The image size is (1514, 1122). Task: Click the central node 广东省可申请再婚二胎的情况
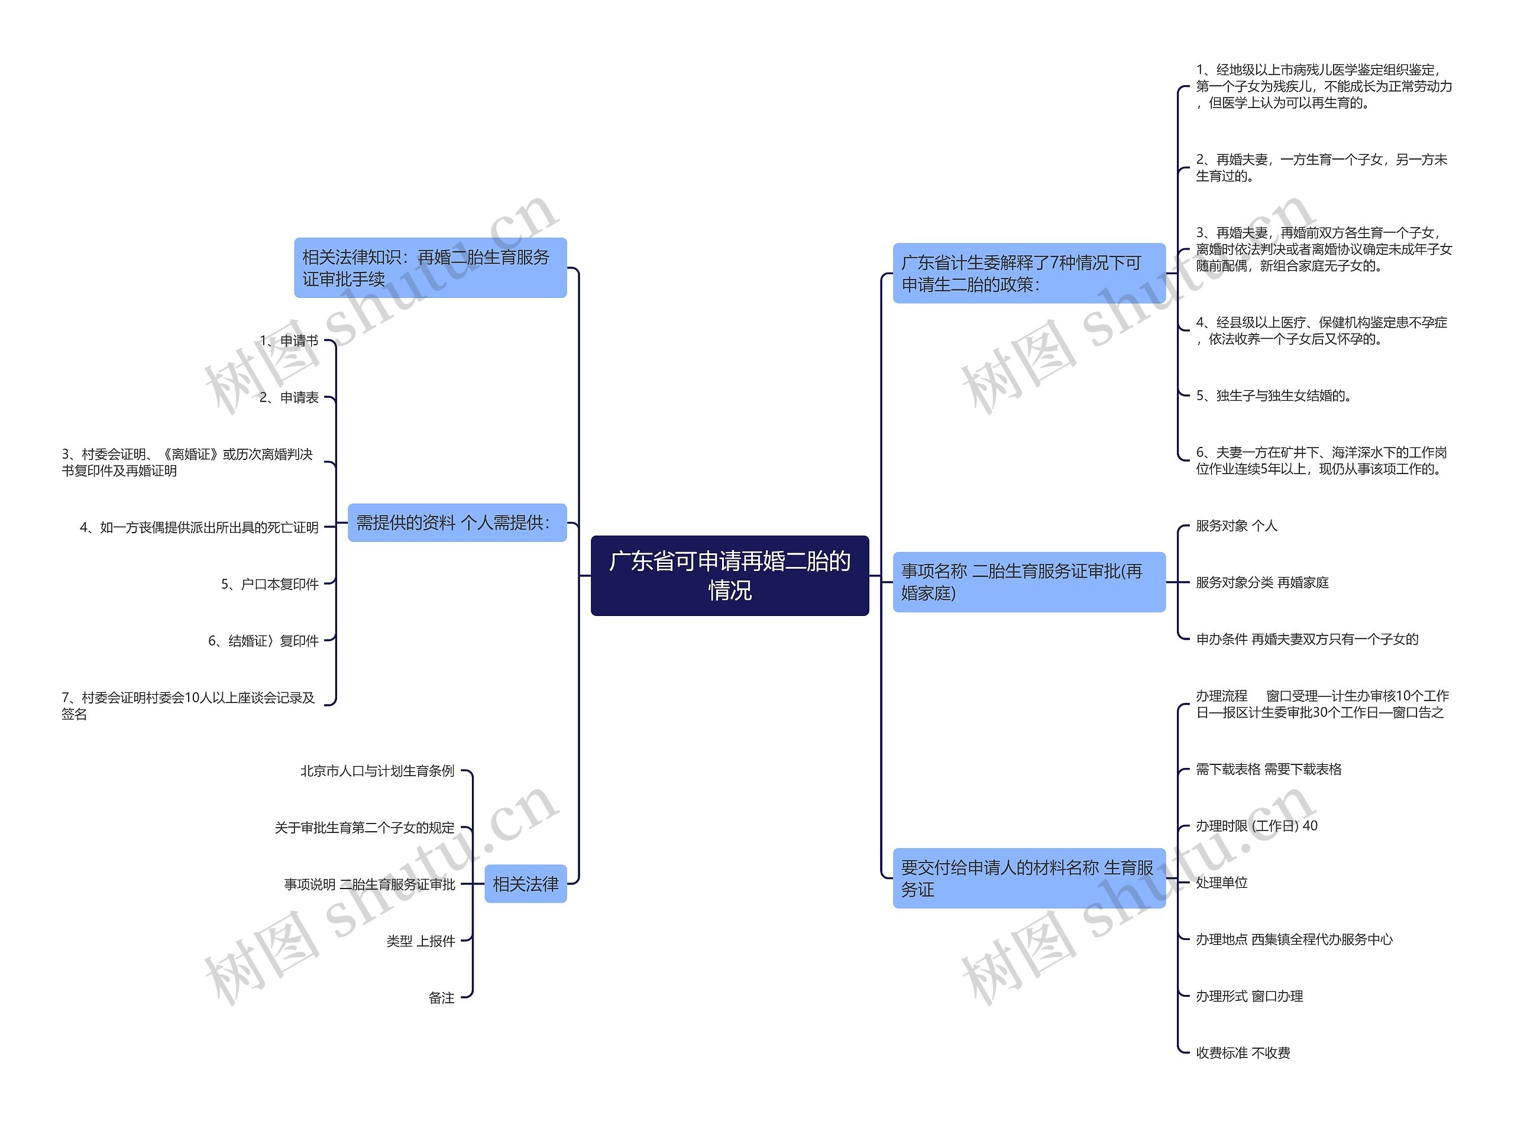[x=729, y=575]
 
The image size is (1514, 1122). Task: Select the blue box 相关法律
[x=525, y=884]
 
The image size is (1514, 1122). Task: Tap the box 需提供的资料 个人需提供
[x=457, y=523]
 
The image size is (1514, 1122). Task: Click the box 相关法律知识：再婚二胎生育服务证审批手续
[x=429, y=268]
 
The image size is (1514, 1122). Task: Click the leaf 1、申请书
[x=289, y=341]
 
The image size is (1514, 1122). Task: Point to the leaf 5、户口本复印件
[x=270, y=584]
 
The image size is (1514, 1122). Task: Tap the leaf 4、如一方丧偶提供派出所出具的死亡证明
[x=199, y=527]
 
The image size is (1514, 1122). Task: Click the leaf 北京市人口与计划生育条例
[x=377, y=771]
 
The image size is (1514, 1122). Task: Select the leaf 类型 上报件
[x=420, y=941]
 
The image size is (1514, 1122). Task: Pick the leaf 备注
[x=441, y=998]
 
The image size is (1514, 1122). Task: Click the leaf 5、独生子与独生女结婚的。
[x=1273, y=395]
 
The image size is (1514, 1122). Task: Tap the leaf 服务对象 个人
[x=1236, y=526]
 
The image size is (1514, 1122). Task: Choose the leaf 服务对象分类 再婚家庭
[x=1262, y=582]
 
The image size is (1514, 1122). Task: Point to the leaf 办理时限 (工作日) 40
[x=1257, y=826]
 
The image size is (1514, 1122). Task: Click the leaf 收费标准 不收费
[x=1243, y=1053]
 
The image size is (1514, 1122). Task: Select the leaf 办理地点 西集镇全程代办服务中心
[x=1294, y=939]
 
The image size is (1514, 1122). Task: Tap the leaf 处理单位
[x=1222, y=882]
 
